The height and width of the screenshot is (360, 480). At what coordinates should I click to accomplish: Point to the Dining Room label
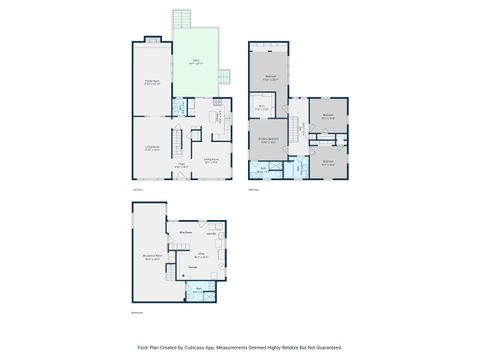click(x=212, y=158)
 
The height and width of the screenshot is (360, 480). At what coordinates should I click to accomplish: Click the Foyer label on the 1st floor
click(x=181, y=165)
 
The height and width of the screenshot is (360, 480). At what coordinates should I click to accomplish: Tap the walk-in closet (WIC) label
click(x=260, y=108)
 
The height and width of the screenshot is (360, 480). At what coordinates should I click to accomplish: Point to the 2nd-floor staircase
click(x=297, y=129)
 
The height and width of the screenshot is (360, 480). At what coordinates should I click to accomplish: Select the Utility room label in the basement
click(x=200, y=254)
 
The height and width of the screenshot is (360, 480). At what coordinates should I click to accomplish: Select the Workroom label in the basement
click(x=185, y=230)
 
